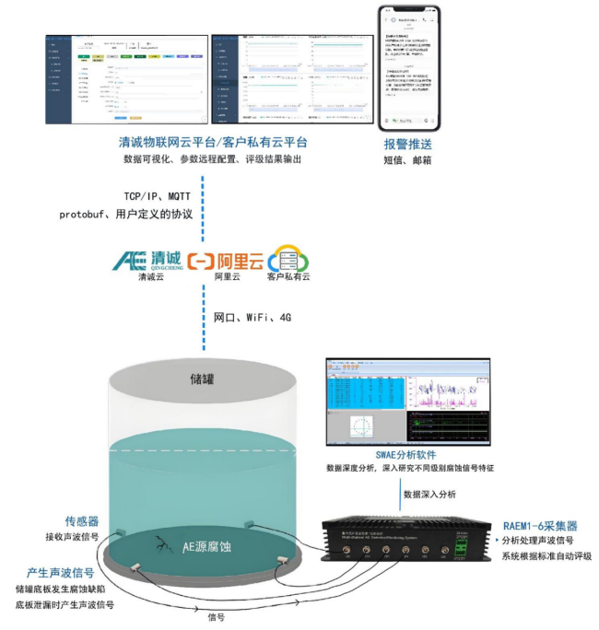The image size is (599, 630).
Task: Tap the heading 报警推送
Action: [x=407, y=145]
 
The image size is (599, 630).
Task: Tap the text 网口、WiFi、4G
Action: [x=252, y=318]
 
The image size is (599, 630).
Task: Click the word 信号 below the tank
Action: [x=218, y=616]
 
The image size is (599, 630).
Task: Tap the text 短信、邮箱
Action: [x=407, y=160]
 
